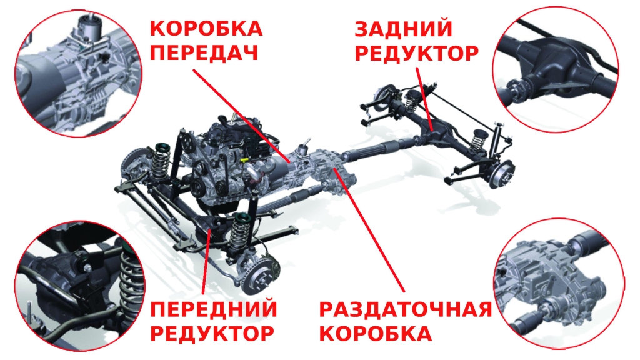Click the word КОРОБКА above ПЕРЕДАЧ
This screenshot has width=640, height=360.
coord(206,29)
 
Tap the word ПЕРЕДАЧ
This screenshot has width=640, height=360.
coord(204,52)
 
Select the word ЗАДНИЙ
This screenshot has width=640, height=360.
coord(403,29)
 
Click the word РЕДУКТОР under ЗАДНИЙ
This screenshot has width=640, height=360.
coord(416,53)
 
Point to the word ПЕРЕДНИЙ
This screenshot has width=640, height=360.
coord(214,309)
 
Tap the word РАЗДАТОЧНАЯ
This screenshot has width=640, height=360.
coord(405,309)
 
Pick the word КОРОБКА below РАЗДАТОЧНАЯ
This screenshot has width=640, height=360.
coord(376,333)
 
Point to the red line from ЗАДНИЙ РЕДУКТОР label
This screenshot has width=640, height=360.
coord(424,99)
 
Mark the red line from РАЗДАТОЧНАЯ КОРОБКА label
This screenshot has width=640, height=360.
coord(369,229)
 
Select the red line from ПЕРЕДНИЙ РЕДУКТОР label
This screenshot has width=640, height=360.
coord(207,262)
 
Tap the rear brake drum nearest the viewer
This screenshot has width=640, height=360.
coord(502,174)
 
